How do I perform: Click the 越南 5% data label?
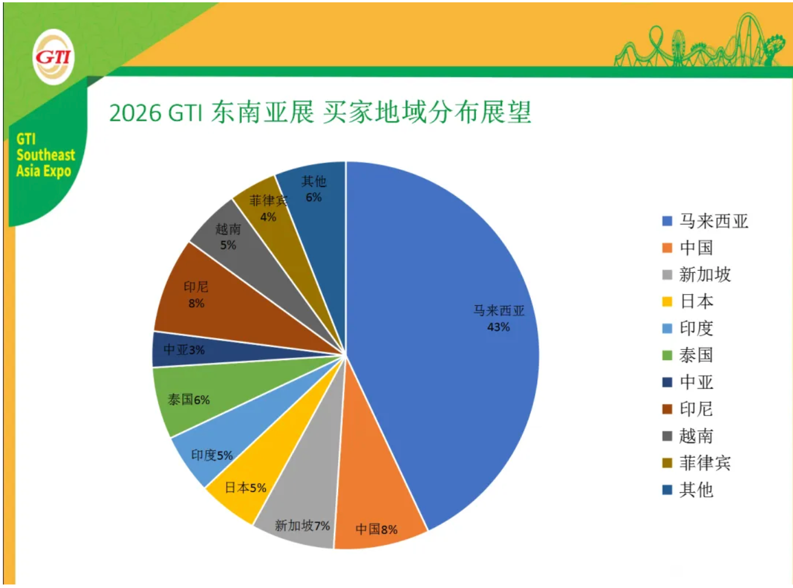point(228,237)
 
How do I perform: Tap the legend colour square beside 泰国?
point(667,355)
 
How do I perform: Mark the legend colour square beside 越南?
point(667,436)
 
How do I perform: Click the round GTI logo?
point(53,57)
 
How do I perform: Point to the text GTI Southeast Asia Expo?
point(45,155)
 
